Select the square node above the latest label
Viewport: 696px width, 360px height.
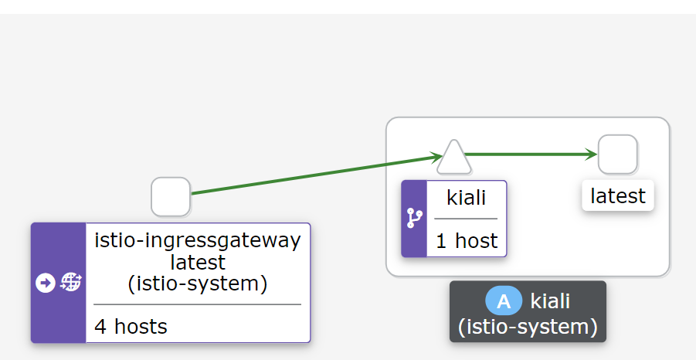(617, 155)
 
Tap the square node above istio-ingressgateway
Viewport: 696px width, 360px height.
(171, 196)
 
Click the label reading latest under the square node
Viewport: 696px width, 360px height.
(617, 196)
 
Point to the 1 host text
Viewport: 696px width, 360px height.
(467, 240)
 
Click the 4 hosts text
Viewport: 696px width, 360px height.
(131, 326)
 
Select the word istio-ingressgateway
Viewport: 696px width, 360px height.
(197, 240)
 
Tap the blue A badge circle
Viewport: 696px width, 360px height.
(504, 301)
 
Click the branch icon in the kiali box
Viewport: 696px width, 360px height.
(414, 219)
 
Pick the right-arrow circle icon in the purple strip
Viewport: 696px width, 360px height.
(46, 283)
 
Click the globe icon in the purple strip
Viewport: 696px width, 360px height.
(70, 283)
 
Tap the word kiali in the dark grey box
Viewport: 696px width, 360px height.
(550, 301)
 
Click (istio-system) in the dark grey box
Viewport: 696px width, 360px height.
(528, 327)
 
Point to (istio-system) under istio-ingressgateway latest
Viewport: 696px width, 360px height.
(197, 284)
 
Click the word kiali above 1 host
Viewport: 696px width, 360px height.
(467, 197)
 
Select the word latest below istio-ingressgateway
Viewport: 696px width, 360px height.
(197, 262)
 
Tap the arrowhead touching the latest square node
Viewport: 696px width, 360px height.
(591, 155)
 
